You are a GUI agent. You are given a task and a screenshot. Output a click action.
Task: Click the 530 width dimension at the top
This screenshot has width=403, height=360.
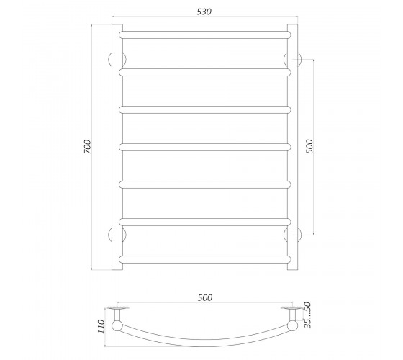click(204, 12)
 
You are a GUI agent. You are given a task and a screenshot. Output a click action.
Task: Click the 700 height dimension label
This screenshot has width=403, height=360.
click(87, 147)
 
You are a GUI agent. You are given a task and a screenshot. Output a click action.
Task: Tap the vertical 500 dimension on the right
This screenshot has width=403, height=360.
click(309, 147)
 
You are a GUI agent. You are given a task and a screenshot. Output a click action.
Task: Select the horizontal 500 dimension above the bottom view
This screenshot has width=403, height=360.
click(205, 297)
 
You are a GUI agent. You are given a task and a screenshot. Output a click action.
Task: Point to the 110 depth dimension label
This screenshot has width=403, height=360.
click(101, 327)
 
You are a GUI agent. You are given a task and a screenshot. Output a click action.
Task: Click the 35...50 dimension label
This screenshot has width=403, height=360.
click(307, 315)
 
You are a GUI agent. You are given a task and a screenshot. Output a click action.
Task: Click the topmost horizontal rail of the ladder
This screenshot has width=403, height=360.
click(205, 35)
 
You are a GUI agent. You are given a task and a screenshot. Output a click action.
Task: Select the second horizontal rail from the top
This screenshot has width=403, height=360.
click(205, 72)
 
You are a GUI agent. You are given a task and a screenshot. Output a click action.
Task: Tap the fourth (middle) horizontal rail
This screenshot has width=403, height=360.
click(205, 147)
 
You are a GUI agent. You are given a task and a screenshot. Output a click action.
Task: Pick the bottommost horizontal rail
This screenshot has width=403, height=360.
click(205, 259)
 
